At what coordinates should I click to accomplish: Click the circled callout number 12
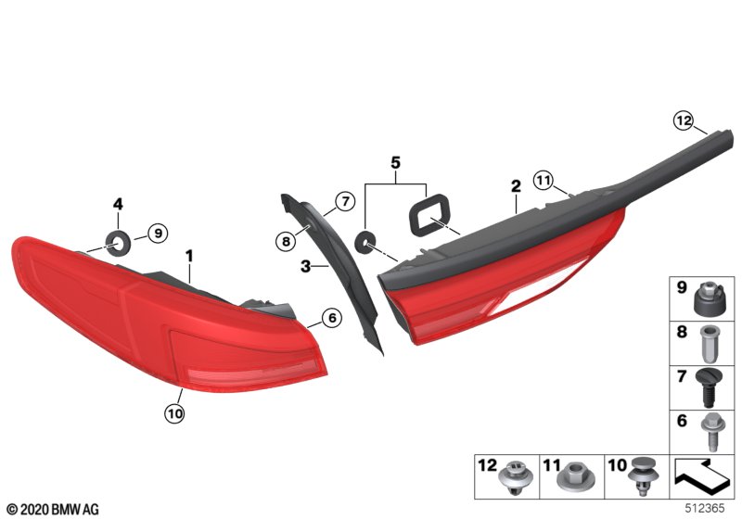pos(684,121)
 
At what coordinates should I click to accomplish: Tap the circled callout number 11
pos(544,180)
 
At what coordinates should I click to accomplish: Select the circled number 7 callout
pos(345,202)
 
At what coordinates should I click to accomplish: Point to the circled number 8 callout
pos(286,242)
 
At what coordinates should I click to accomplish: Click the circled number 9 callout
pos(158,233)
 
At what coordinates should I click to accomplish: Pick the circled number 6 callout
pos(332,318)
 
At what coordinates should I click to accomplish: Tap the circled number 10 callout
pos(175,413)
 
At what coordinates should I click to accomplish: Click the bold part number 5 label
pos(396,162)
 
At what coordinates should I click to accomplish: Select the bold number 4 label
pos(118,204)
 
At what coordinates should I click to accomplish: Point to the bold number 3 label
pos(306,267)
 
